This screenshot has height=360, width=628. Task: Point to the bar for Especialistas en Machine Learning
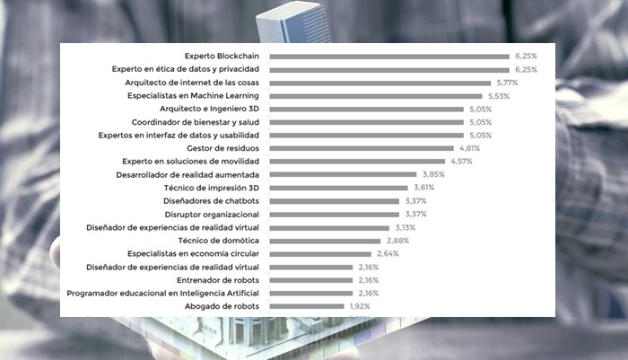pyautogui.click(x=376, y=95)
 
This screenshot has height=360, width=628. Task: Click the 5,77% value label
pyautogui.click(x=504, y=83)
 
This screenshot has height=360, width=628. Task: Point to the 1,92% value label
pyautogui.click(x=359, y=306)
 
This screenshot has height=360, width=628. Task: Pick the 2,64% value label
pyautogui.click(x=388, y=254)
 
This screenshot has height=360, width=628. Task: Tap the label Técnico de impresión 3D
pyautogui.click(x=212, y=188)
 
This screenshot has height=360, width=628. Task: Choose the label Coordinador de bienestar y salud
pyautogui.click(x=196, y=121)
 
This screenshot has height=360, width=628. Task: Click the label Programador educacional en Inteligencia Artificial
pyautogui.click(x=163, y=294)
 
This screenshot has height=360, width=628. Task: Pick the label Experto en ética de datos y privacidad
pyautogui.click(x=186, y=69)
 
